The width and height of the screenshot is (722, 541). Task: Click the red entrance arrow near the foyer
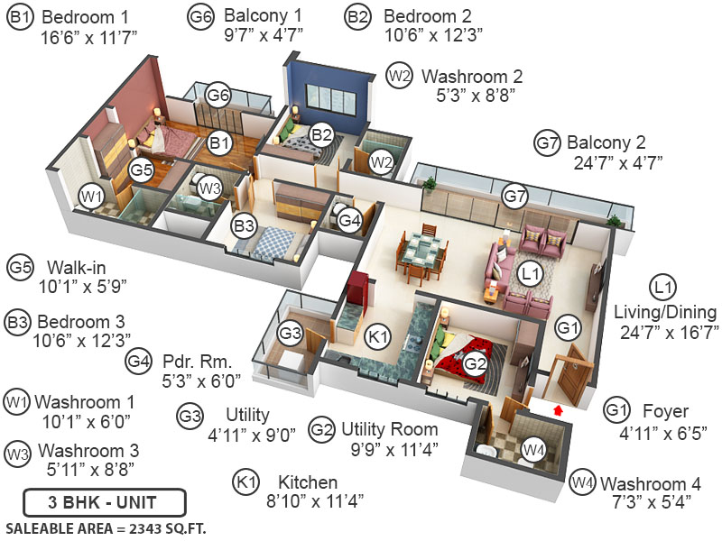click(x=558, y=410)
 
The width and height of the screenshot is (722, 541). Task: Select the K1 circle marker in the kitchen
click(x=379, y=337)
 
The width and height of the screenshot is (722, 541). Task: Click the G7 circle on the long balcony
click(x=514, y=197)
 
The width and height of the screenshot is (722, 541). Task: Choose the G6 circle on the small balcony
click(x=218, y=95)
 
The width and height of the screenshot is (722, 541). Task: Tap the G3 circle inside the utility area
click(x=290, y=334)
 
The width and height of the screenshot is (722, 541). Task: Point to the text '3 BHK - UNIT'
click(x=105, y=502)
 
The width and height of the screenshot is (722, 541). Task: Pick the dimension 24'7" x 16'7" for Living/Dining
click(x=667, y=333)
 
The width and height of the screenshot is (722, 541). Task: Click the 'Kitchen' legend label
click(x=308, y=482)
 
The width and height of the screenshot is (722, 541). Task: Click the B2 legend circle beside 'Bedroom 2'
click(x=358, y=16)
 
